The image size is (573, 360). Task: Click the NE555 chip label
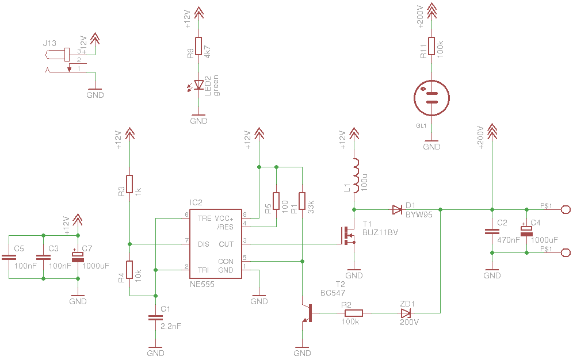click(202, 284)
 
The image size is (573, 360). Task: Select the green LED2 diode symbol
click(198, 85)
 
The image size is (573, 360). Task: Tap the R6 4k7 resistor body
click(198, 46)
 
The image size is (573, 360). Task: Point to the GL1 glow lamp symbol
click(431, 98)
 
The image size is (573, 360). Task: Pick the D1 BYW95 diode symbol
click(397, 209)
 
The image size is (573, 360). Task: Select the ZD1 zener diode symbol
click(406, 313)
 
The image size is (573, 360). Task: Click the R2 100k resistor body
click(354, 313)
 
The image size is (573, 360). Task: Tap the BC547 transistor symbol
click(308, 313)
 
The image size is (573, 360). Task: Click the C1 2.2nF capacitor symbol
click(155, 317)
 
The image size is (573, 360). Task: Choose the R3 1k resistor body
click(129, 183)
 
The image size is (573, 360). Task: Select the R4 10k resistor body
click(129, 270)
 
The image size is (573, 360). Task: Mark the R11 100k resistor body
click(431, 46)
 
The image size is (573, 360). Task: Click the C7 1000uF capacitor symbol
click(78, 256)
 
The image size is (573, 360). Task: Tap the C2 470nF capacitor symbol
click(492, 231)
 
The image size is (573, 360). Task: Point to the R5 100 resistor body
click(276, 201)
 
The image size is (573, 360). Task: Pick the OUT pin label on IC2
click(226, 244)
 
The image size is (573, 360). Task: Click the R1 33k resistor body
click(302, 201)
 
